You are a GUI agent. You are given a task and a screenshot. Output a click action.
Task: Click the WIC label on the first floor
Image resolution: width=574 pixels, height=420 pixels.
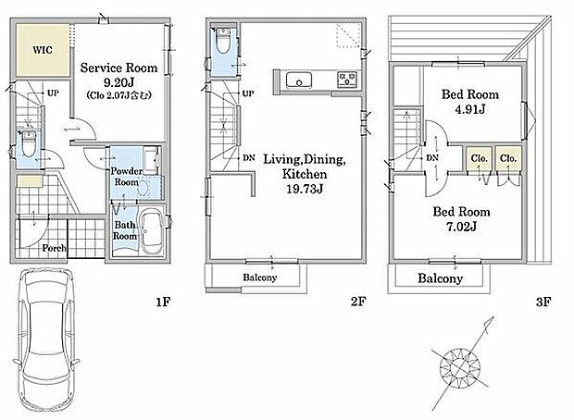coord(43,50)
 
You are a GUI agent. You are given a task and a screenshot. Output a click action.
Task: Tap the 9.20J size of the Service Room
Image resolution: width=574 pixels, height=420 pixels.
coord(119,82)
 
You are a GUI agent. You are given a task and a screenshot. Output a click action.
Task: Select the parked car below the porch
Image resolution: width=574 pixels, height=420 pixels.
coord(46,341)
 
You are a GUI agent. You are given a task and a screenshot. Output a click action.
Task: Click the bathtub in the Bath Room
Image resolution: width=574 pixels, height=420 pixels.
coord(152,231)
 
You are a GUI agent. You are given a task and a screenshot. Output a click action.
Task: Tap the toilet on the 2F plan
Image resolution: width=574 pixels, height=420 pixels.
coord(223,41)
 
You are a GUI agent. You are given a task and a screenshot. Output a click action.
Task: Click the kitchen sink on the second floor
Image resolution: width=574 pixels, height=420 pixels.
coord(299,80)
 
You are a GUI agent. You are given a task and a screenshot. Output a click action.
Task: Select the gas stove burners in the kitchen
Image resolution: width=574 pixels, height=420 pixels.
coord(346,80)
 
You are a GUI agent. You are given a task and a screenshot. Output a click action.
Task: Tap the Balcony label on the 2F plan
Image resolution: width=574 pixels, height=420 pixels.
coord(260,278)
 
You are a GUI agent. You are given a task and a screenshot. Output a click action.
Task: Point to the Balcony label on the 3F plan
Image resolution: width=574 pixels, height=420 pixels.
coord(441,278)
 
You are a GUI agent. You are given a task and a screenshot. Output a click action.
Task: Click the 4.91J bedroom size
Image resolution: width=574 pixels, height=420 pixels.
coord(470,109)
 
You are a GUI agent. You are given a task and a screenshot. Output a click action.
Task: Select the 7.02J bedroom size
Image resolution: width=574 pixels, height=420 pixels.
coord(461,227)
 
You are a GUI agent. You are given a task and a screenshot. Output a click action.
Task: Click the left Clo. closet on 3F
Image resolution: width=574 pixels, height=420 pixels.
coord(479,158)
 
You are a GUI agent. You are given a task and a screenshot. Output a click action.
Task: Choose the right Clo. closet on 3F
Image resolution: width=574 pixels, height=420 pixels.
coord(508,158)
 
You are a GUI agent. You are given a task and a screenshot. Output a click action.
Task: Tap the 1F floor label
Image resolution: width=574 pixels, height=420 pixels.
coord(163,302)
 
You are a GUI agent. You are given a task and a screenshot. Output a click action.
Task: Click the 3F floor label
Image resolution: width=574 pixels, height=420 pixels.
coord(543,302)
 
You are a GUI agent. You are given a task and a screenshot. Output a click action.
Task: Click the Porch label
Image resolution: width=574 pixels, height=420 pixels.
coord(55,248)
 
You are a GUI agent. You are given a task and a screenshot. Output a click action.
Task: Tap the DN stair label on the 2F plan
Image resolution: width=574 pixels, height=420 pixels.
coord(249,158)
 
